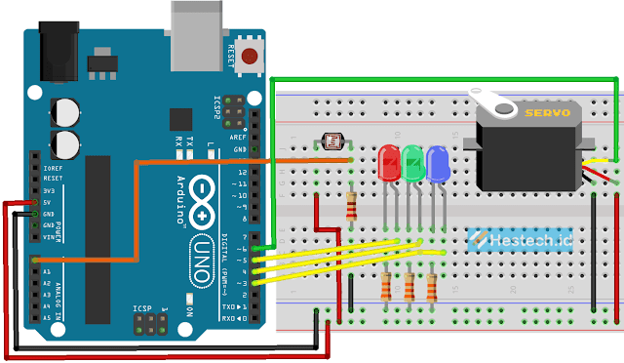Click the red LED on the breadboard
pos(389,163)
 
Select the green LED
pos(413,163)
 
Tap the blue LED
pos(438,163)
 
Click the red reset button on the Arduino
pos(252,55)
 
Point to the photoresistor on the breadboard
pos(334,143)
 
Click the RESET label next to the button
pos(232,56)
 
